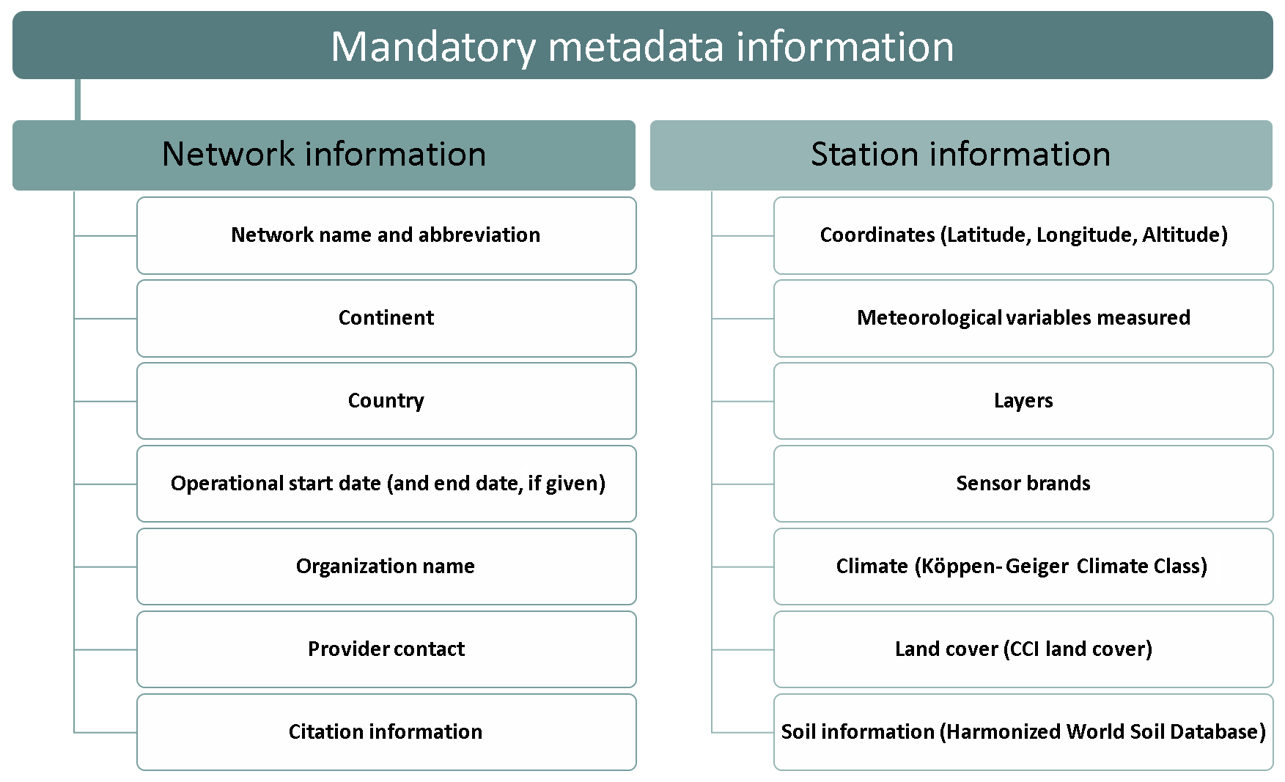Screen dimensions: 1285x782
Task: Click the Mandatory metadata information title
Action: point(642,46)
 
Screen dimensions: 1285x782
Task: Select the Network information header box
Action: point(324,155)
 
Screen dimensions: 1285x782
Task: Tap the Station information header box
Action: point(961,155)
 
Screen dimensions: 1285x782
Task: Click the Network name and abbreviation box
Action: point(386,235)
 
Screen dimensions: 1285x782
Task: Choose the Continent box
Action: point(386,318)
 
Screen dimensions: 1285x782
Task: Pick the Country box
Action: point(386,401)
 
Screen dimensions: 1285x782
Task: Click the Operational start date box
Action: point(386,484)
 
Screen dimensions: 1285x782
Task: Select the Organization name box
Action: point(386,567)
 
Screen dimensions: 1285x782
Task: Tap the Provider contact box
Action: point(386,649)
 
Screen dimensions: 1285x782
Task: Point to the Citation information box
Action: point(386,732)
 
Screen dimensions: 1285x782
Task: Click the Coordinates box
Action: point(1023,235)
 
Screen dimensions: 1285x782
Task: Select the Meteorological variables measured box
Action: point(1023,318)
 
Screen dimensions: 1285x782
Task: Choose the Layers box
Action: point(1023,401)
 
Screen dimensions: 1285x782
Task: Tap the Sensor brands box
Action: point(1023,484)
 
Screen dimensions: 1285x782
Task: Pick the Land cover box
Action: point(1023,649)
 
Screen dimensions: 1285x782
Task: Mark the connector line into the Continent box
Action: point(106,318)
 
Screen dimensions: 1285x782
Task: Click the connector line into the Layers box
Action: point(743,401)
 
